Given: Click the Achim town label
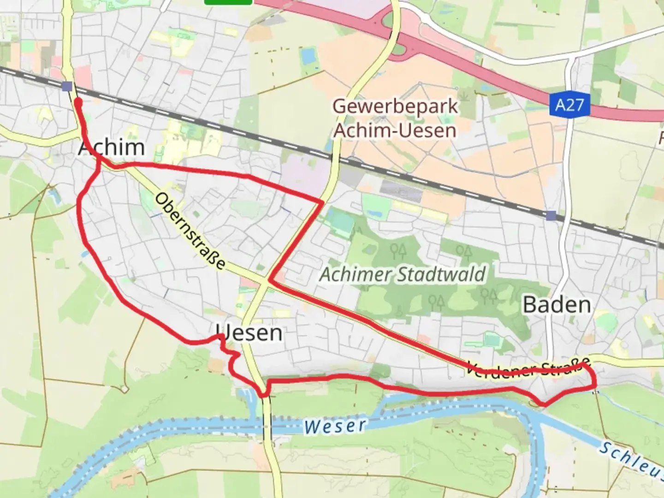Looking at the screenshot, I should [x=112, y=148].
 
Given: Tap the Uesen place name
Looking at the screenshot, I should [x=249, y=332].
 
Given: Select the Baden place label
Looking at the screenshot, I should [x=557, y=305].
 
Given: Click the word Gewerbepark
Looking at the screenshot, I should [x=395, y=107].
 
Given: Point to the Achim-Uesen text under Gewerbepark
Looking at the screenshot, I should [x=395, y=130].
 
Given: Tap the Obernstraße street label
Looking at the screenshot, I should [x=190, y=231].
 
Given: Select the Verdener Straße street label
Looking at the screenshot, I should [x=528, y=368].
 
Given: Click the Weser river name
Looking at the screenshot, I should [x=335, y=426].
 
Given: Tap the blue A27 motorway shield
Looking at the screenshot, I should [x=569, y=105].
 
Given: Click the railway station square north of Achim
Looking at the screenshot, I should [x=67, y=86].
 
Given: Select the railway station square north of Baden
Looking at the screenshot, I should [x=551, y=215].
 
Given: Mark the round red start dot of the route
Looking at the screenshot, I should [x=78, y=102].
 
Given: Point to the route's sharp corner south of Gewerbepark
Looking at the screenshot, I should [x=322, y=202].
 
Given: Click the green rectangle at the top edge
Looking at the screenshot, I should [x=228, y=2].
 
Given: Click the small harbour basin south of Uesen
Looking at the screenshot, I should [x=246, y=394].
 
